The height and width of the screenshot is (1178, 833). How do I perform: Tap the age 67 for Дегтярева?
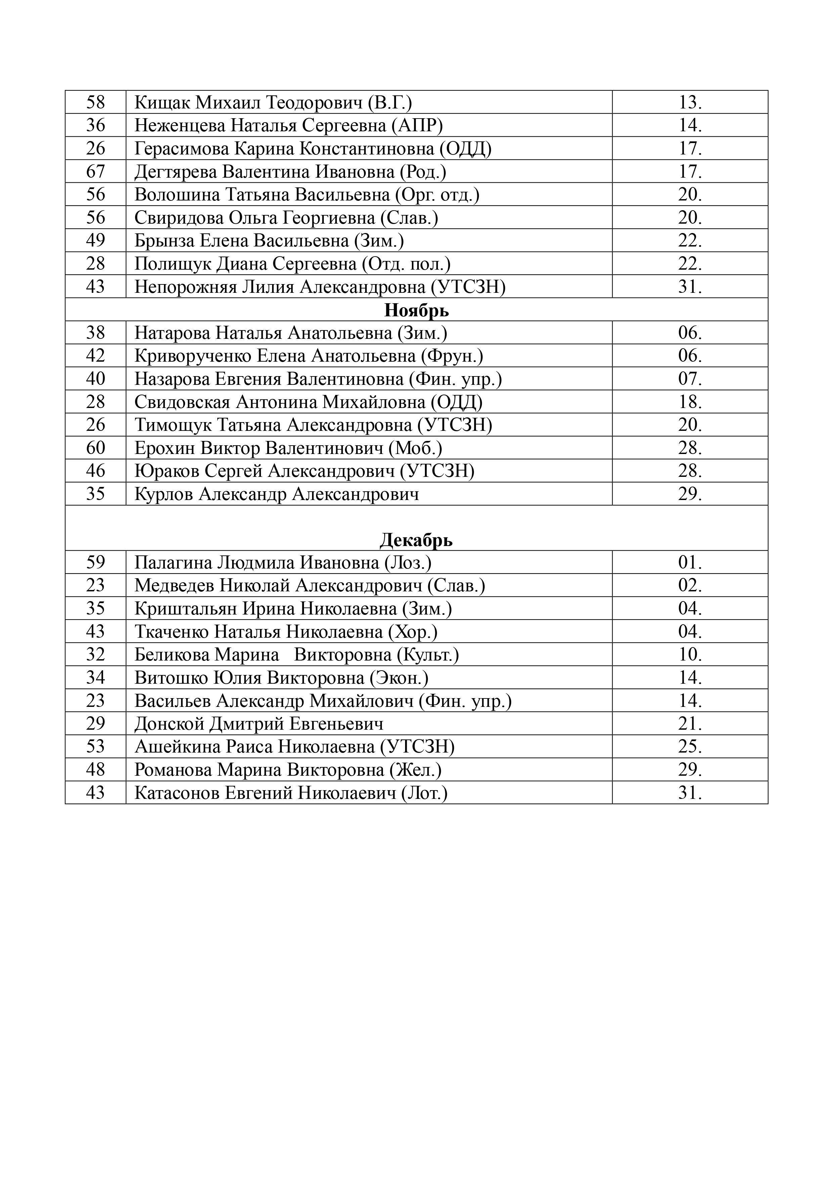[95, 171]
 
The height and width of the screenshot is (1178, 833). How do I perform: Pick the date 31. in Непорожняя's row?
[690, 286]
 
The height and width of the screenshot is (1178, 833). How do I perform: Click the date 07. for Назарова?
[690, 379]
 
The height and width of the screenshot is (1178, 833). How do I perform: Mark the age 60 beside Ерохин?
[95, 448]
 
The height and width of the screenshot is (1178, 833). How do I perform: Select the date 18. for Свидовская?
[690, 402]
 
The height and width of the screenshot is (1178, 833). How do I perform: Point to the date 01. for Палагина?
[690, 563]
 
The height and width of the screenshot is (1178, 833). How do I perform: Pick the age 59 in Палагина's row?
[95, 563]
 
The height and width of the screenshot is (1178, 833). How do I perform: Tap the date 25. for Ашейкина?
[690, 746]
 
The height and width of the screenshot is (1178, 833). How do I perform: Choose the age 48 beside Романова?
[95, 770]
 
